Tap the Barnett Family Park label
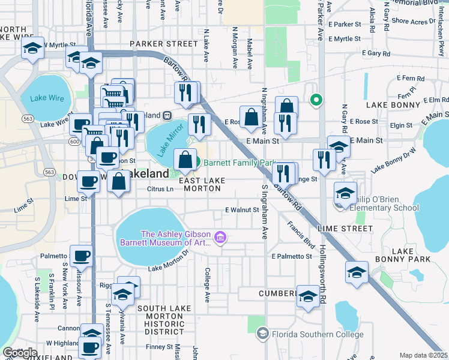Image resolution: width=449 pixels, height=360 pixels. click(239, 163)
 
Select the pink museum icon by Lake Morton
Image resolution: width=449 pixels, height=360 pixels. click(220, 239)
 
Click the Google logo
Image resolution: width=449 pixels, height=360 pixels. click(20, 352)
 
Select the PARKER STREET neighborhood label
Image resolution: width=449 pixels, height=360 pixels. click(163, 44)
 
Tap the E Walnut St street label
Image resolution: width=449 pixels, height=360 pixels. click(241, 210)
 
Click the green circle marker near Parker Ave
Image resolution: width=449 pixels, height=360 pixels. click(315, 100)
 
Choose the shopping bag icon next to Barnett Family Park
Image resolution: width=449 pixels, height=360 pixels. click(185, 160)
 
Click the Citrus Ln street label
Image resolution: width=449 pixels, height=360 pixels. click(160, 189)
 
